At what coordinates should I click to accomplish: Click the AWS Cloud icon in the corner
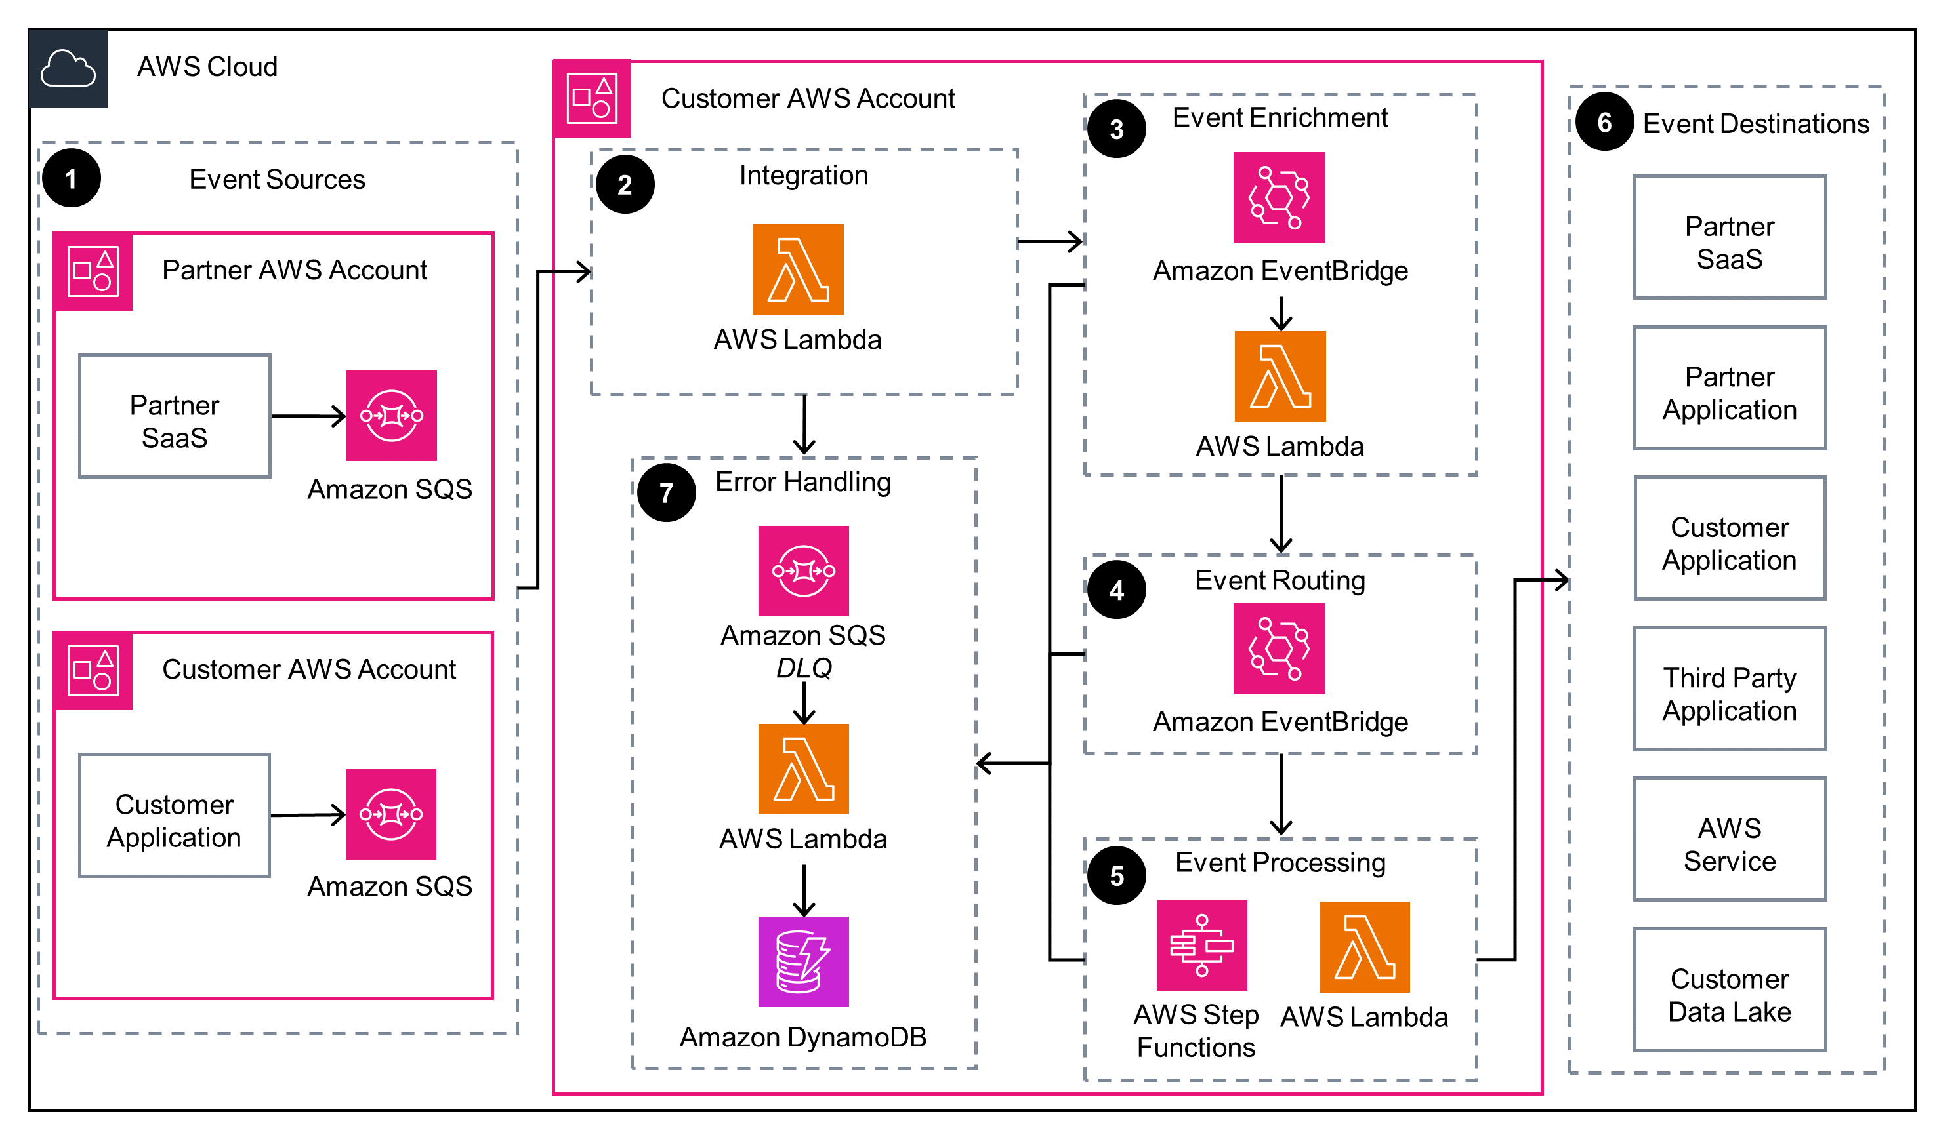click(x=68, y=68)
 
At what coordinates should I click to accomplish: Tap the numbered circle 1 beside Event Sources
click(x=72, y=179)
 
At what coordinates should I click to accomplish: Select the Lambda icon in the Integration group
click(x=797, y=269)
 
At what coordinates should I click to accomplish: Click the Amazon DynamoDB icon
click(x=803, y=961)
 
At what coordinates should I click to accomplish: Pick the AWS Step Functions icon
click(x=1201, y=945)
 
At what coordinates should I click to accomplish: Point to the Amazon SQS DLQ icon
click(x=803, y=570)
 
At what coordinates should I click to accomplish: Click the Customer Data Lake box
click(x=1728, y=989)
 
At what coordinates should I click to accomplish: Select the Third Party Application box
click(x=1728, y=688)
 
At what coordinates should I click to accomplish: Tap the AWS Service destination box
click(x=1728, y=839)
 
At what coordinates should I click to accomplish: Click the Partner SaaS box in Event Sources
click(x=175, y=416)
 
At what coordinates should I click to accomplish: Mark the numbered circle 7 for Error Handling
click(x=667, y=492)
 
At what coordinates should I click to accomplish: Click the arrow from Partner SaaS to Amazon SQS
click(x=308, y=416)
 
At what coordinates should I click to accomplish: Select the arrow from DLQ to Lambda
click(x=803, y=702)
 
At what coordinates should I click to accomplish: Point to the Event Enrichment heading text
click(x=1280, y=117)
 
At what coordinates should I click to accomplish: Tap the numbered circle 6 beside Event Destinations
click(x=1604, y=122)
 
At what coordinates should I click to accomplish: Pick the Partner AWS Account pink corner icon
click(x=93, y=271)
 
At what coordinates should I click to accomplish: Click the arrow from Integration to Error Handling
click(x=803, y=424)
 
